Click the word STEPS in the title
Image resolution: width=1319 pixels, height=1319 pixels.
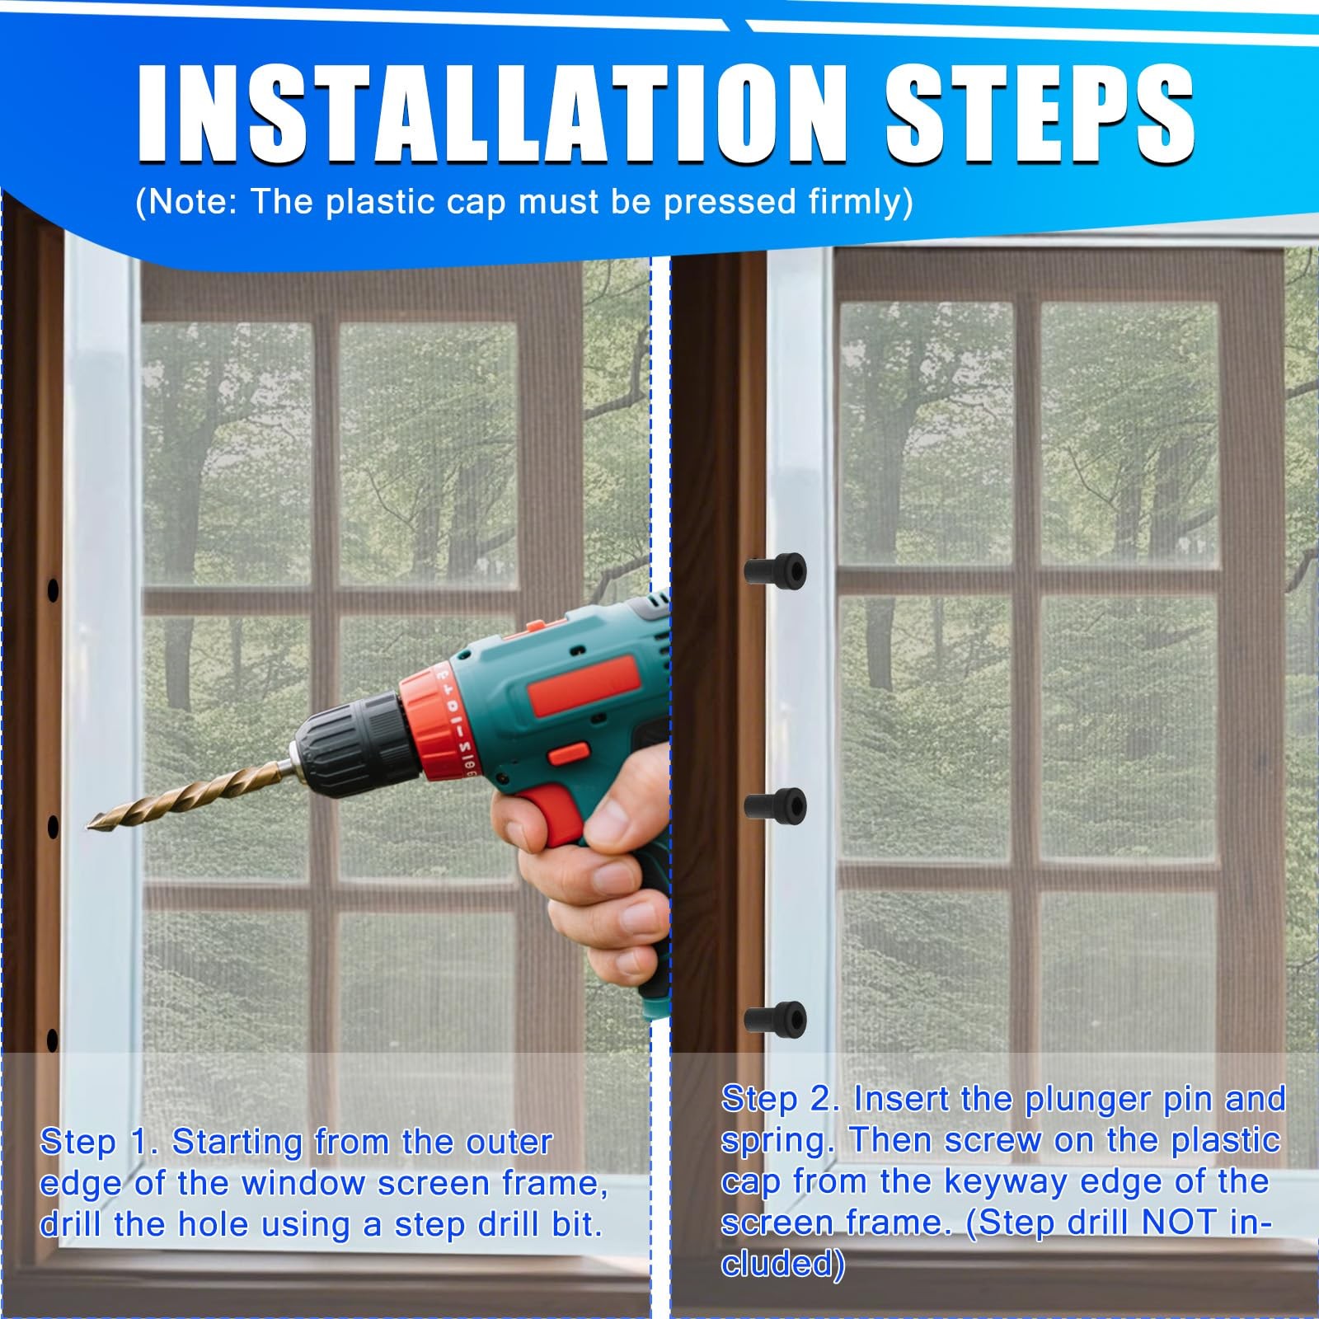coord(1040,110)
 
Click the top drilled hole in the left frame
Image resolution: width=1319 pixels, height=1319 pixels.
coord(53,590)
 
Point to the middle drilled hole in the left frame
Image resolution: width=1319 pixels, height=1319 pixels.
coord(53,826)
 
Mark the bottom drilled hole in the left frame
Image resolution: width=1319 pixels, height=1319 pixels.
coord(53,1040)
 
